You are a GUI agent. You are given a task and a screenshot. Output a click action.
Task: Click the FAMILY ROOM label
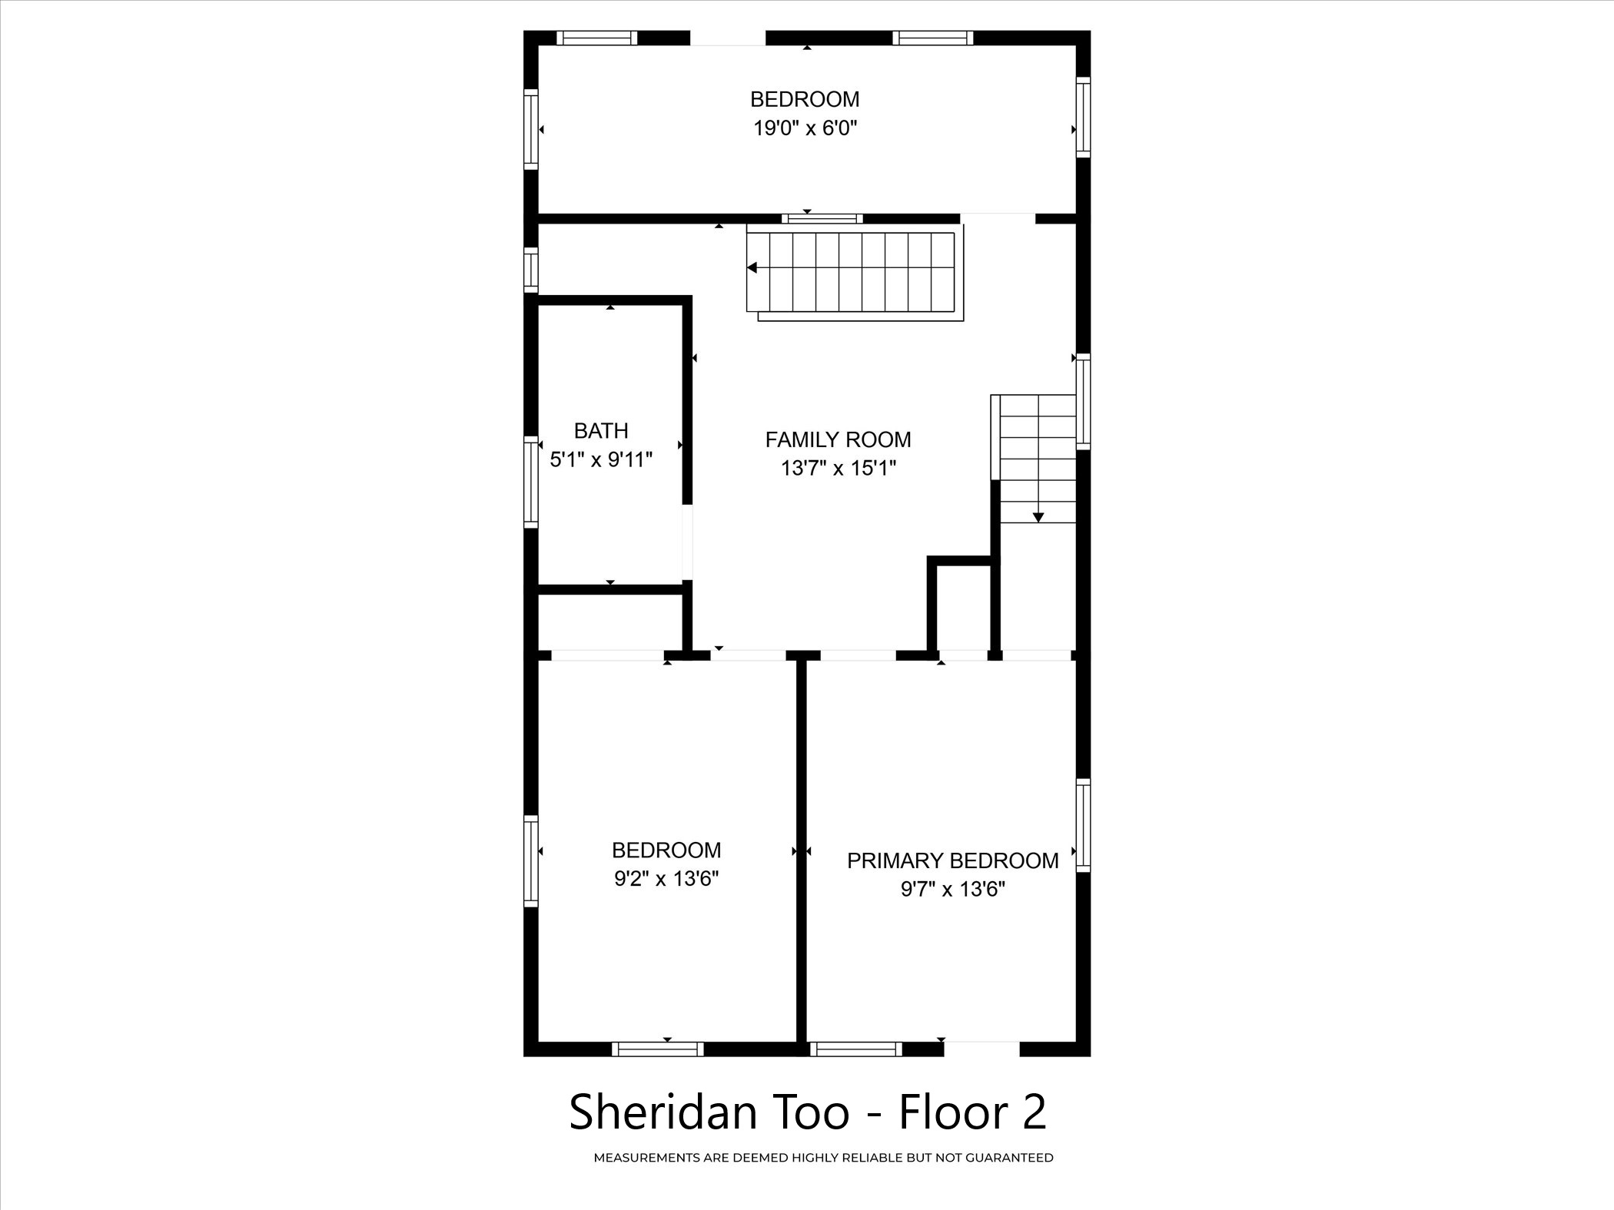(838, 439)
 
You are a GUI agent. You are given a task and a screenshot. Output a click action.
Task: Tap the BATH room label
(601, 430)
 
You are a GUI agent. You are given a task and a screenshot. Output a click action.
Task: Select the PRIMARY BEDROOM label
(953, 860)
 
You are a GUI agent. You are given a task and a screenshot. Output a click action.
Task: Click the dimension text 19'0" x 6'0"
(805, 128)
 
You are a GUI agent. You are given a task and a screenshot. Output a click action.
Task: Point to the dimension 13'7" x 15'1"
(839, 468)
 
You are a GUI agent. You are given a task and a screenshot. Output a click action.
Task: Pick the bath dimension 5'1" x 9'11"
(601, 459)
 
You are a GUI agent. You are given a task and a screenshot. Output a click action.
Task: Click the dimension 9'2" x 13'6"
(666, 878)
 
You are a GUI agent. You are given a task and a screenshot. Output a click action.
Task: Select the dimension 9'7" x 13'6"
(953, 889)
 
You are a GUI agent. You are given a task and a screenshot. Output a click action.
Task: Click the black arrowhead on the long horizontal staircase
(752, 267)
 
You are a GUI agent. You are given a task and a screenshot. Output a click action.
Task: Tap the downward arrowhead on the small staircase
(1038, 517)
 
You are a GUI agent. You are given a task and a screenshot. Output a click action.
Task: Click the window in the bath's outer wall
(530, 482)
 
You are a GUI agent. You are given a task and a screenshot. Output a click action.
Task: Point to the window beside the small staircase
(1083, 401)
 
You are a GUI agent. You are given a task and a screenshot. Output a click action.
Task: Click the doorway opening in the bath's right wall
(688, 542)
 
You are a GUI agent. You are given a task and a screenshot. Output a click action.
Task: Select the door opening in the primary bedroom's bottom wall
(981, 1049)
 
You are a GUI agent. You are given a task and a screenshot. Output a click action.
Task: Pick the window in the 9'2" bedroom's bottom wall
(658, 1049)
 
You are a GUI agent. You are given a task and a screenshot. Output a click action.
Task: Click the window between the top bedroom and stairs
(822, 218)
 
